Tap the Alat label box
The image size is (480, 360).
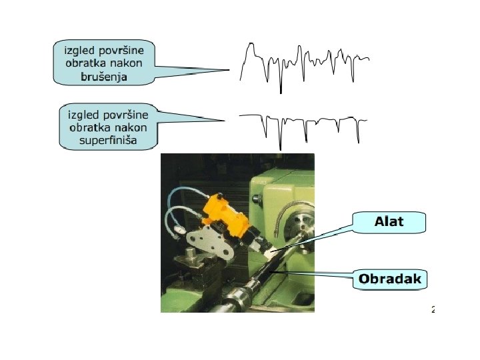389,222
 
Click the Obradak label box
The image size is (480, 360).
390,279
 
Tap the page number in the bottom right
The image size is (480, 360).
433,309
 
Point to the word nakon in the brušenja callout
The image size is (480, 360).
134,63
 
